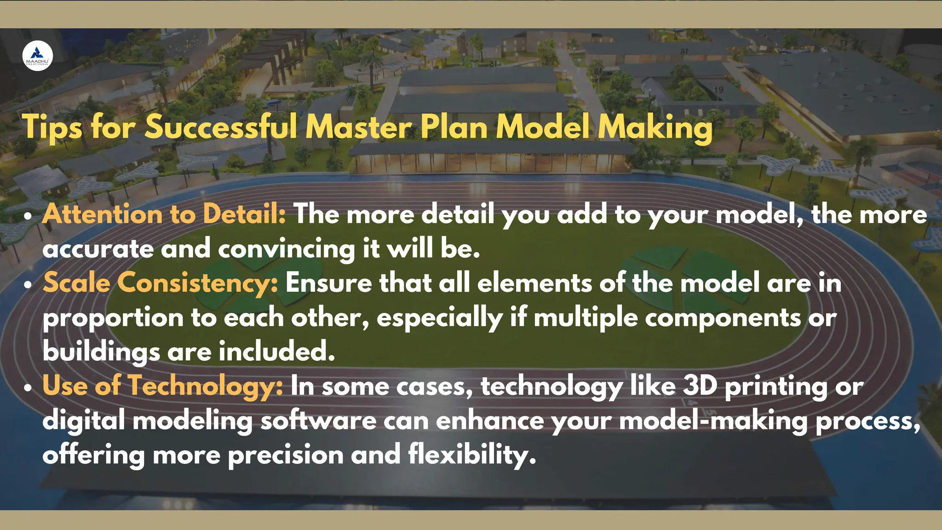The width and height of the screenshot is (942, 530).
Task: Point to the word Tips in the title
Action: click(x=52, y=127)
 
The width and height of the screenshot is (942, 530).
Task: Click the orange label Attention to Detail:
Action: click(x=164, y=214)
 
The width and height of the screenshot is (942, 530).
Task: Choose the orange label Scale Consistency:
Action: click(x=161, y=283)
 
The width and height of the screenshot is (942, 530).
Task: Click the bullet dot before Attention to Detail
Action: click(x=29, y=216)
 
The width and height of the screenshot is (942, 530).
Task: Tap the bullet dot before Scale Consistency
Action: click(x=29, y=284)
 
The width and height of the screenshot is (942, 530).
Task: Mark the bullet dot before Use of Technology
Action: click(x=29, y=387)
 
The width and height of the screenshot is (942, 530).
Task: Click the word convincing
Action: click(x=286, y=249)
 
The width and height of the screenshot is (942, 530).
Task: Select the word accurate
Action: click(x=98, y=249)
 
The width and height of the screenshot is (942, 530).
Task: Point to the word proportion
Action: click(x=113, y=318)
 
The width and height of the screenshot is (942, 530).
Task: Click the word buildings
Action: click(x=101, y=352)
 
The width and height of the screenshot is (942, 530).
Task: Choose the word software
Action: click(x=318, y=421)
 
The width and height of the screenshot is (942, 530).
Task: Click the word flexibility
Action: click(x=472, y=455)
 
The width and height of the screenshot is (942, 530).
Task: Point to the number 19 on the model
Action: click(x=718, y=90)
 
